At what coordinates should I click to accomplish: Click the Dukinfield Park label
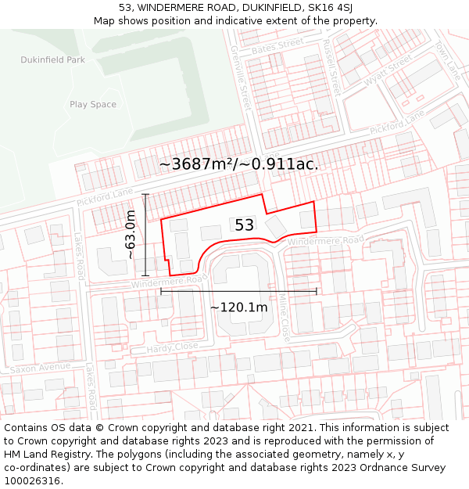point(52,59)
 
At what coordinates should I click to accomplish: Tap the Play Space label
point(93,105)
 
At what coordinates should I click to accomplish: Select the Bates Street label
point(277,47)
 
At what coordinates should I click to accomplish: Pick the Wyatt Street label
point(387,70)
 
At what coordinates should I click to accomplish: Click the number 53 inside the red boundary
point(245,225)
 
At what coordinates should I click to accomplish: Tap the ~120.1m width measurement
point(238,307)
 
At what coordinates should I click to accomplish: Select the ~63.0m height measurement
point(131,235)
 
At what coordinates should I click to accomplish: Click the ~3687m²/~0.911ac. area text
point(238,164)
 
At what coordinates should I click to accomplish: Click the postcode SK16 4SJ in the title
point(324,8)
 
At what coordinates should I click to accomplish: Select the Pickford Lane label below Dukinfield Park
point(106,198)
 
